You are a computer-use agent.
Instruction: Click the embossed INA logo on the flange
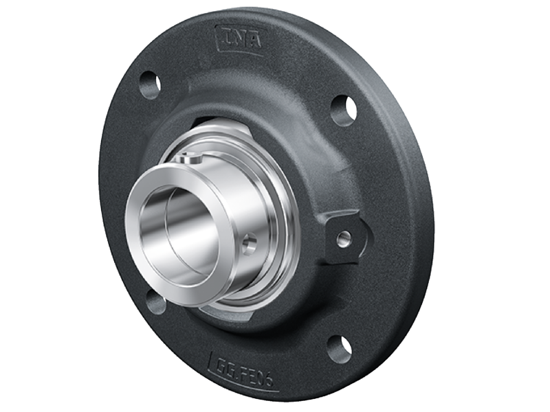point(239,39)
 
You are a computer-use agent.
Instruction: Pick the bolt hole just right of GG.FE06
point(340,348)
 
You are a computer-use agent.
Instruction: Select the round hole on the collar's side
point(248,242)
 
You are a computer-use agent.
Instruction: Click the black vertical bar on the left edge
point(27,206)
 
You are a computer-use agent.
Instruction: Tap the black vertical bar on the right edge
point(522,206)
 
